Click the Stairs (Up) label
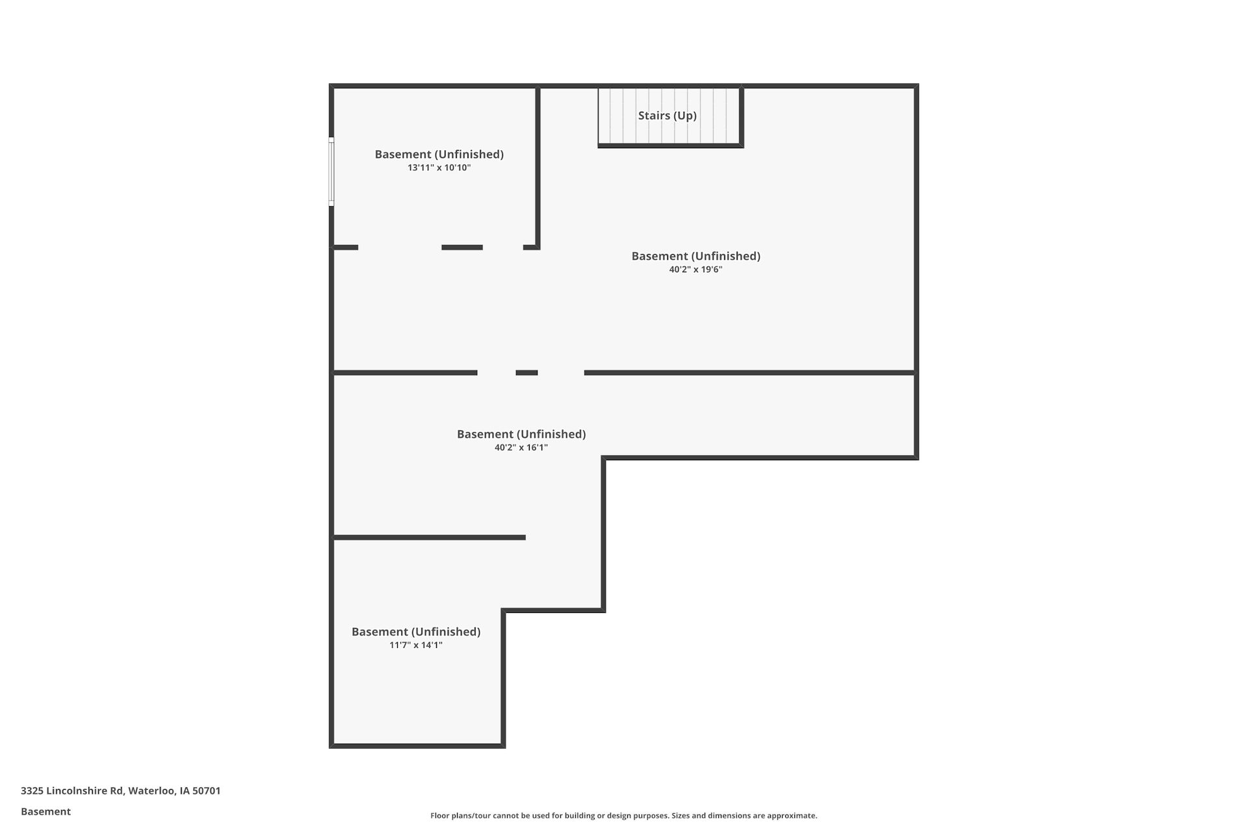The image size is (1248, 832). pos(667,116)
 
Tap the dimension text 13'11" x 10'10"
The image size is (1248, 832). pos(439,168)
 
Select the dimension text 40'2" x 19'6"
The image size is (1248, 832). pos(695,270)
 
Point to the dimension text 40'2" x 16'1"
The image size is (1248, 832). pos(521,448)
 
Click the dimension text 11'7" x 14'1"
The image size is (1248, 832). pos(416,645)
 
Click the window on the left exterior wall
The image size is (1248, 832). pos(331,172)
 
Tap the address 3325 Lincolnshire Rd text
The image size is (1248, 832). pos(71,791)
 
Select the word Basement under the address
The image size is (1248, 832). pos(45,812)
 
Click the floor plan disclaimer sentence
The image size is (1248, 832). pos(623,816)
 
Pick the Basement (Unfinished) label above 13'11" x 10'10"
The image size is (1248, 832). pos(439,155)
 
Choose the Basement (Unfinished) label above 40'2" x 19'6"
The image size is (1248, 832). pos(695,257)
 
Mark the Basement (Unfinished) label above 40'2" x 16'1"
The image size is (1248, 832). pos(521,434)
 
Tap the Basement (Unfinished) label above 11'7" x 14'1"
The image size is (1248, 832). pos(416,632)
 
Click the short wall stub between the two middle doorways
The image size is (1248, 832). pos(526,373)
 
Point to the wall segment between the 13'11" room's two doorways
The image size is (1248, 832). pos(462,248)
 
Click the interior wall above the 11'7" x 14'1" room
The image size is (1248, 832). pos(430,538)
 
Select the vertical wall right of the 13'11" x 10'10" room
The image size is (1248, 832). pos(538,168)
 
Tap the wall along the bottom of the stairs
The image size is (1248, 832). pos(671,146)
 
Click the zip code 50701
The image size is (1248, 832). pos(207,791)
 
